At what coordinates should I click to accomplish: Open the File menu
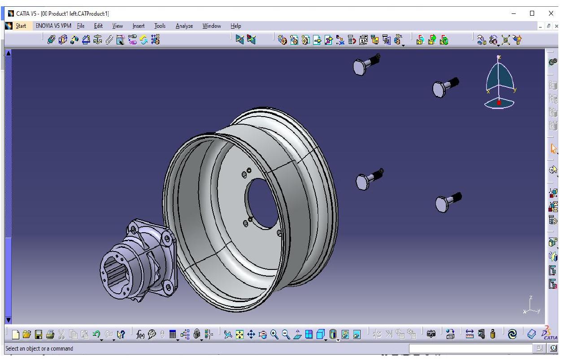[81, 26]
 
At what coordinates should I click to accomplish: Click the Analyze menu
[184, 26]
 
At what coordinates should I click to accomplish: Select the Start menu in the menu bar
[21, 26]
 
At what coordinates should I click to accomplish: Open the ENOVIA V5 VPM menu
[53, 26]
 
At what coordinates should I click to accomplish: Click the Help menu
[235, 26]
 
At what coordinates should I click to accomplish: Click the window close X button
[551, 13]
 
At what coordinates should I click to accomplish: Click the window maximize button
[532, 13]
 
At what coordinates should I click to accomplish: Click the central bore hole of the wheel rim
[261, 203]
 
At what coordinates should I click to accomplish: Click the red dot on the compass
[499, 103]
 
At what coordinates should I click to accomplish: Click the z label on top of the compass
[499, 57]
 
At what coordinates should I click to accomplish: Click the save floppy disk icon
[39, 334]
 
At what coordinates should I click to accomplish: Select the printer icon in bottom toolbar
[49, 334]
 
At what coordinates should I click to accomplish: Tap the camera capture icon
[431, 334]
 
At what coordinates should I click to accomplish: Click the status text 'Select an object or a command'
[39, 348]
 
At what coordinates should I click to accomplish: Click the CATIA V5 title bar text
[62, 13]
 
